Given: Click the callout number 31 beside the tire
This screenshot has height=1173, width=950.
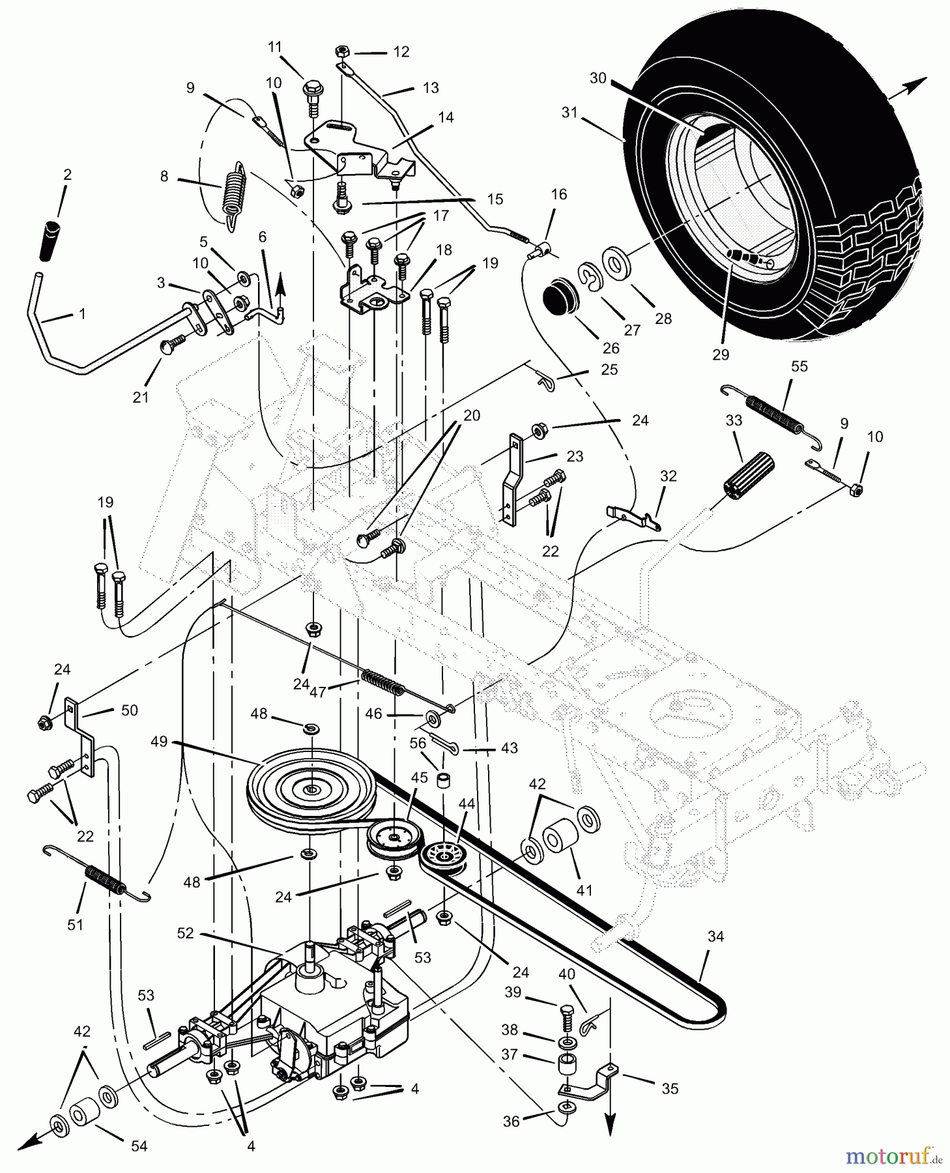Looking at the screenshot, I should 570,112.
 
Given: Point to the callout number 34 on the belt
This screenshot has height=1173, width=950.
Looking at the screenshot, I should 715,937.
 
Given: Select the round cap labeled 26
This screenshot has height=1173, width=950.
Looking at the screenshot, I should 560,297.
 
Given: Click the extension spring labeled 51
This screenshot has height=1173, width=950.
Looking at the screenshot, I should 106,880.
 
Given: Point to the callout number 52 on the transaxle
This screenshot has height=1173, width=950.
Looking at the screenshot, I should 185,933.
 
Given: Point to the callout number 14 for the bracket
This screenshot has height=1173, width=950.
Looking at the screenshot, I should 446,118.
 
